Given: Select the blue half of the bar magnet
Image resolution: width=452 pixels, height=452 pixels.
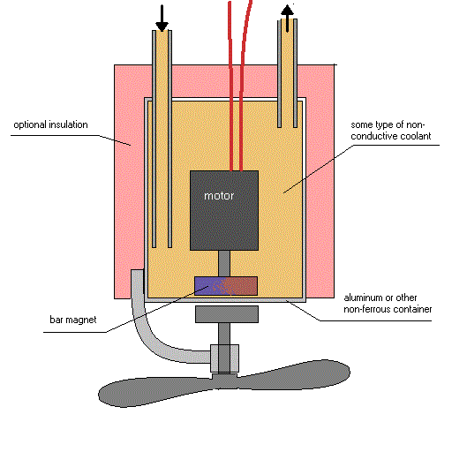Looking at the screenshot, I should (x=210, y=286).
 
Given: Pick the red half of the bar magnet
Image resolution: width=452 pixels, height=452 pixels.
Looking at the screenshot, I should (x=242, y=286).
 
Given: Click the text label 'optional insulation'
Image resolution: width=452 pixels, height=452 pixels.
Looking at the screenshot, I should (x=50, y=125).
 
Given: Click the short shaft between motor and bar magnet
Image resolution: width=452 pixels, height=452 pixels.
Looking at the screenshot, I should (x=225, y=262).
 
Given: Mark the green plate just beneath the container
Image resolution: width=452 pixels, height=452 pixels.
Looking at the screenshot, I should (x=227, y=314).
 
